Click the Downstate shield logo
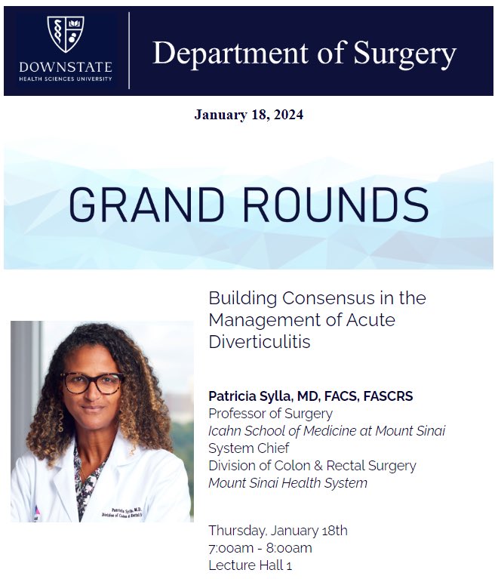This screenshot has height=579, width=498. (66, 34)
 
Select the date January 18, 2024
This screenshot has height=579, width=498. (248, 115)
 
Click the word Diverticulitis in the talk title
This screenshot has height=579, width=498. (259, 342)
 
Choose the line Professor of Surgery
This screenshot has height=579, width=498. (270, 414)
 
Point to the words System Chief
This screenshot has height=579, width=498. (247, 448)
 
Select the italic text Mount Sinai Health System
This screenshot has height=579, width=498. (287, 482)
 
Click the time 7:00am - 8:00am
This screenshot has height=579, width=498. (260, 548)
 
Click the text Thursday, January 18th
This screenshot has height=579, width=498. (278, 531)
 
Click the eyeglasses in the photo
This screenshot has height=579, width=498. (93, 383)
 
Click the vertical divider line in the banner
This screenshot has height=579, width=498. (129, 51)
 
